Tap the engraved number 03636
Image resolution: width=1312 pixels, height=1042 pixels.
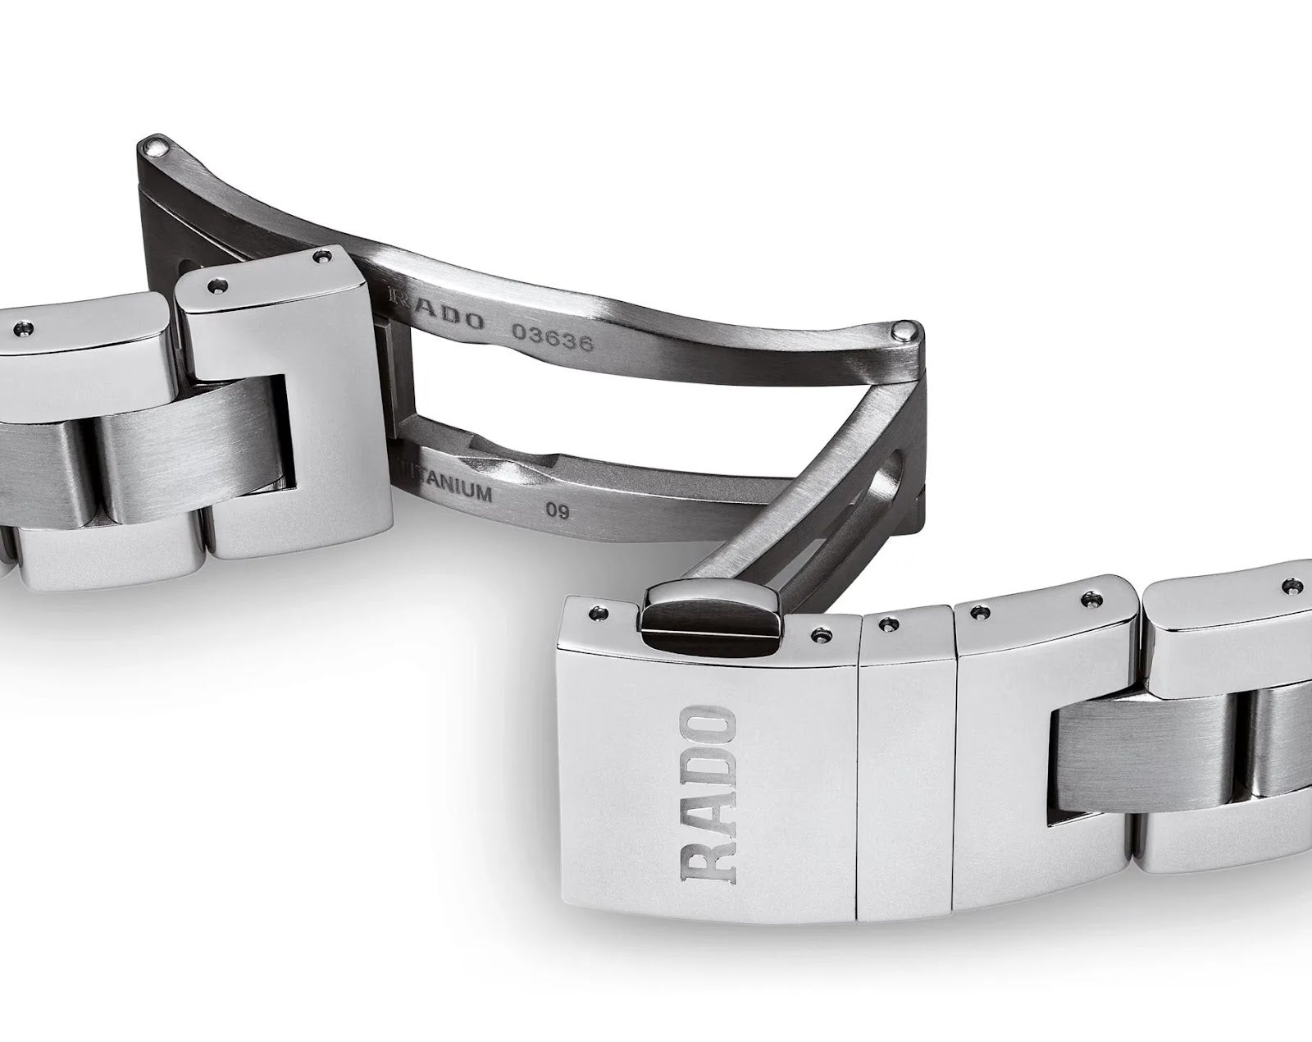[552, 337]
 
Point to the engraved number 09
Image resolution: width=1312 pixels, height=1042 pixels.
[558, 511]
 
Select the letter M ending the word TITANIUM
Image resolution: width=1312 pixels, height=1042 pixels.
[481, 493]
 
